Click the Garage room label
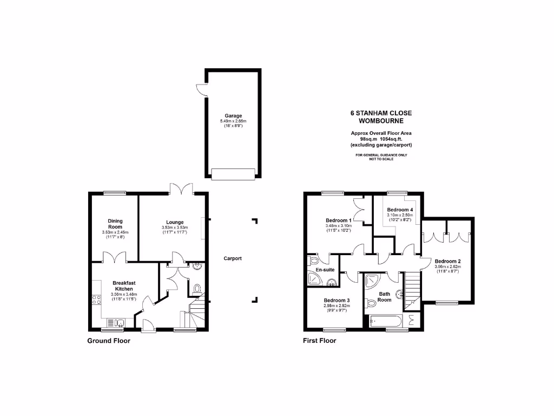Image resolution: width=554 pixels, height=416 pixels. [234, 115]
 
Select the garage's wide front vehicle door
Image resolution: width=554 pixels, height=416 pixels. [233, 173]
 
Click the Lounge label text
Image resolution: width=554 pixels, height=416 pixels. [175, 222]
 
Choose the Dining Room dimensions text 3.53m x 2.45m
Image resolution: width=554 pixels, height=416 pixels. [115, 232]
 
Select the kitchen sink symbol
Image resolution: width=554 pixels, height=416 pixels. [118, 323]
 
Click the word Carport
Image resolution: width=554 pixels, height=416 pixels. [233, 258]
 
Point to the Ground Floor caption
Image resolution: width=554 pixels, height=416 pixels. [109, 341]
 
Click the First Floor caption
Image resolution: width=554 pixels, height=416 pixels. [319, 341]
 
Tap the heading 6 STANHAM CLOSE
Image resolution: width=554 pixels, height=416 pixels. [381, 113]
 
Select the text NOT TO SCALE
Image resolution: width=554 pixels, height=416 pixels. [381, 159]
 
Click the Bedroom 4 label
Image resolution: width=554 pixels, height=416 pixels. [400, 210]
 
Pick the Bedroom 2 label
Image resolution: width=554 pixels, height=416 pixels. [447, 260]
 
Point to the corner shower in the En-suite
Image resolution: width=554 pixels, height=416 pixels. [313, 278]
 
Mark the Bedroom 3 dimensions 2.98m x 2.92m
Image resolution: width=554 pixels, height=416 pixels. [337, 306]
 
